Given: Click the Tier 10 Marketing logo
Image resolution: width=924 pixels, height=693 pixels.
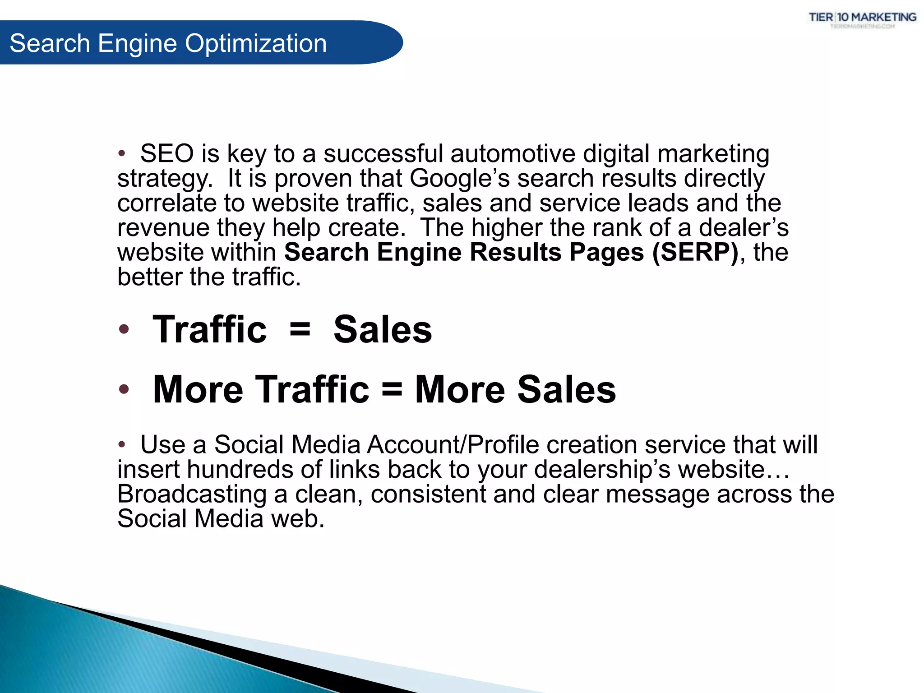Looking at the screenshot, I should (x=862, y=19).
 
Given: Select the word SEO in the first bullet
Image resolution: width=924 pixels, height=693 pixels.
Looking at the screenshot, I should (x=167, y=154).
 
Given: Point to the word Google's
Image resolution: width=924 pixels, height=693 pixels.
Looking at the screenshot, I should (x=459, y=179).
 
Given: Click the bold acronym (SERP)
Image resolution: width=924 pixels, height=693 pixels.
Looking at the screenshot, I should (x=695, y=252).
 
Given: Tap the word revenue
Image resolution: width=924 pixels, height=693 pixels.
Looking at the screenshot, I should (x=163, y=228).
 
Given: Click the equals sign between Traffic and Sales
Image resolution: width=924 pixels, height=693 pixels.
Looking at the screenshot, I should (x=300, y=329).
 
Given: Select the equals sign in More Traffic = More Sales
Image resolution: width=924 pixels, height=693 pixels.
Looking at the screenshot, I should (x=392, y=389).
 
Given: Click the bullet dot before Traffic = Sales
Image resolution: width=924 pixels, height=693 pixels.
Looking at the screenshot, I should (x=124, y=329).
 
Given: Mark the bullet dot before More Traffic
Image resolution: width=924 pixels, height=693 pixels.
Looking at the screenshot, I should (x=124, y=389).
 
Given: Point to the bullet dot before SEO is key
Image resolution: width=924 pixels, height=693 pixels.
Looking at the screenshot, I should (x=121, y=154).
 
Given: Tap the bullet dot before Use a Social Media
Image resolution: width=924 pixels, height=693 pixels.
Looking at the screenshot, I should (x=121, y=445).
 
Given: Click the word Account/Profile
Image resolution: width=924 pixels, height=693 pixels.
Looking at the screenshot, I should (x=453, y=445).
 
